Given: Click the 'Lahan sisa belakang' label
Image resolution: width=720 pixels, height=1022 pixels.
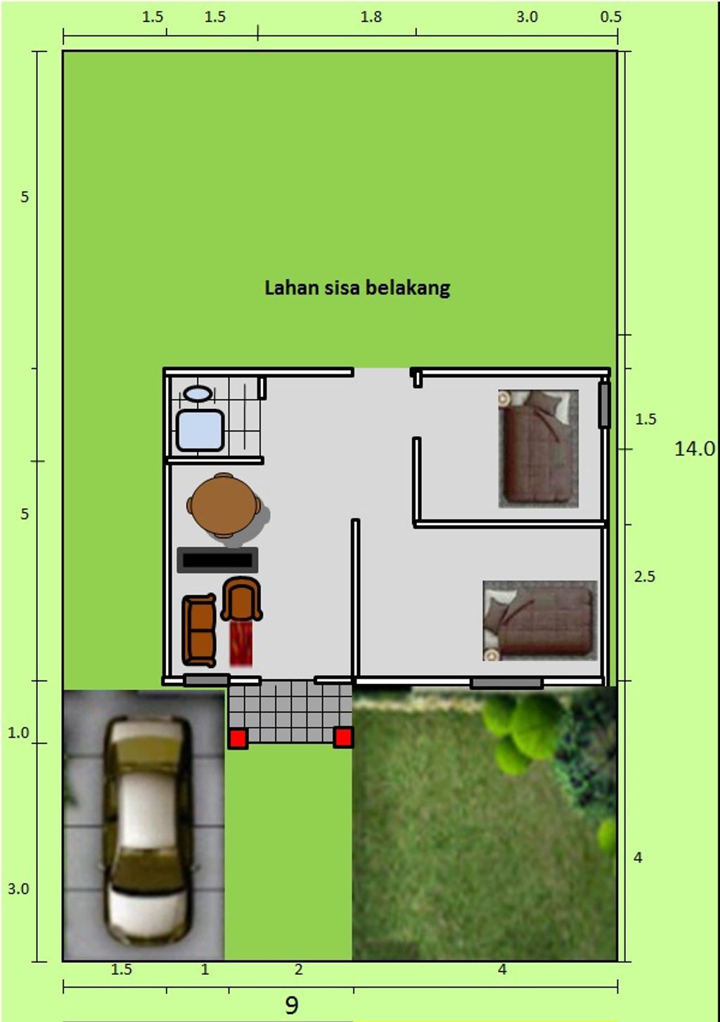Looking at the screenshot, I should tap(357, 288).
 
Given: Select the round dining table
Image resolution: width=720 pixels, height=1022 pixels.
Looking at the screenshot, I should tap(224, 505).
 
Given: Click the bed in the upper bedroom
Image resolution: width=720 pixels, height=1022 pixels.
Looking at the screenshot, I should tap(538, 448).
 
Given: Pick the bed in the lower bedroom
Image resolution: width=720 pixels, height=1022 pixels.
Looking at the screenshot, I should tap(540, 621).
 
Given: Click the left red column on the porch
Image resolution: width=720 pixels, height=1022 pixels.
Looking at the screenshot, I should tap(238, 738).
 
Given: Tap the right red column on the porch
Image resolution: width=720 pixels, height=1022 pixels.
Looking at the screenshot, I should tap(342, 737).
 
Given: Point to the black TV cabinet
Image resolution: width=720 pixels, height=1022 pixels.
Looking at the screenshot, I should tap(217, 560).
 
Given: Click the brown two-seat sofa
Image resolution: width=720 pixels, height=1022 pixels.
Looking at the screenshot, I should tap(199, 631).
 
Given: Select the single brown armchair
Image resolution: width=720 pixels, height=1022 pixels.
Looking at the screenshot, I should tap(242, 599).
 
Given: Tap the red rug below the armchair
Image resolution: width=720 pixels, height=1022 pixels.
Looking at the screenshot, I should tap(241, 643).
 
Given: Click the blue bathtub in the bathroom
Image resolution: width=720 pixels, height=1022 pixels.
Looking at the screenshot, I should tap(200, 430).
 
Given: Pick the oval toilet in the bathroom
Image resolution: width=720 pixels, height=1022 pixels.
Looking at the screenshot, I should tap(198, 393).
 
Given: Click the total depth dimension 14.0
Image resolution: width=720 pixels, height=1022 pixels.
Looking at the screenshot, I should tap(694, 448).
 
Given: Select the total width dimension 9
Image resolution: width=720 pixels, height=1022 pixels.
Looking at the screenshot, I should tap(291, 1005).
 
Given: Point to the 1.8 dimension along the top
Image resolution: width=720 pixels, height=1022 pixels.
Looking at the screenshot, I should tap(371, 17).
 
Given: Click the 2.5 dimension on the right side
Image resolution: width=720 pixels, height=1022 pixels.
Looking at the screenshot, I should tap(644, 576).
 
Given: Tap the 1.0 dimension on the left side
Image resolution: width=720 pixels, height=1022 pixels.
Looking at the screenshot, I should tap(18, 733).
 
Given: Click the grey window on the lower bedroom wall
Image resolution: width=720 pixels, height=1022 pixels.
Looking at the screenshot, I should tap(506, 683).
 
